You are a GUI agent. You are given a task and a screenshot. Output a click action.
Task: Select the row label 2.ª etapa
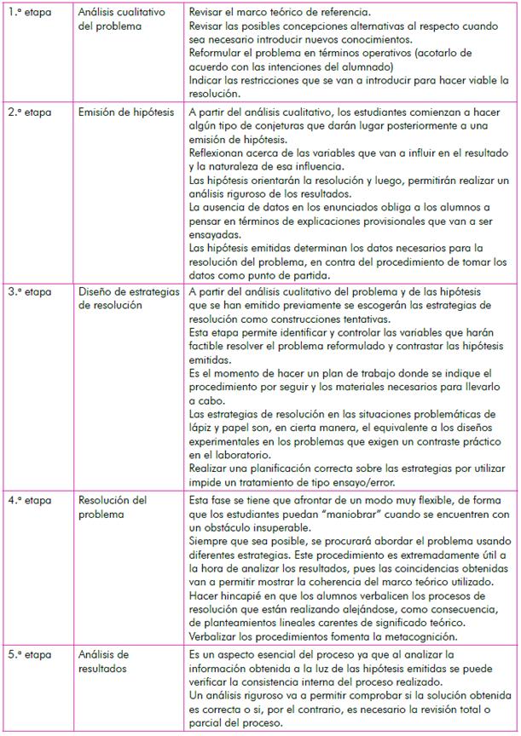[x=29, y=112]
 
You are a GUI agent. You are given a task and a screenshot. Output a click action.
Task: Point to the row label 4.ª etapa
[x=29, y=501]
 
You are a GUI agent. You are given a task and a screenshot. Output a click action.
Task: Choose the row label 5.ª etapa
[x=29, y=654]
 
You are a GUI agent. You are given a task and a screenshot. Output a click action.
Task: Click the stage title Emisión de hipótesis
[x=126, y=112]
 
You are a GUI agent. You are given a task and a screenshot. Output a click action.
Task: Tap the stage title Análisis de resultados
[x=103, y=660]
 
